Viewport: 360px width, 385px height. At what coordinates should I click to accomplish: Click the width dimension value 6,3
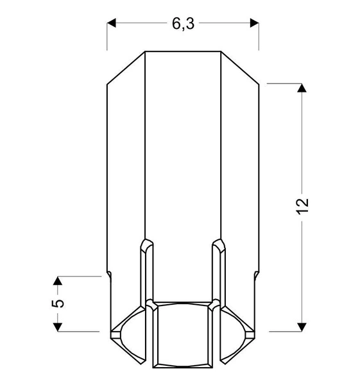click(x=183, y=24)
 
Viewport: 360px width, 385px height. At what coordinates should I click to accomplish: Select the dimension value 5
click(x=57, y=304)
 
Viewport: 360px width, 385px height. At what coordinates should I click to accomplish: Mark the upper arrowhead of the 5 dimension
click(x=57, y=282)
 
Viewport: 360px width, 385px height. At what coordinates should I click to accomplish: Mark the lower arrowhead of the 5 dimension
click(x=57, y=325)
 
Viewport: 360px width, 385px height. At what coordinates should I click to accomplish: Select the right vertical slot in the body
click(x=219, y=269)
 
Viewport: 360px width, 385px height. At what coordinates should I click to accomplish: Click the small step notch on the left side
click(x=108, y=275)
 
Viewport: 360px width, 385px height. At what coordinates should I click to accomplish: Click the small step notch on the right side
click(x=257, y=275)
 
